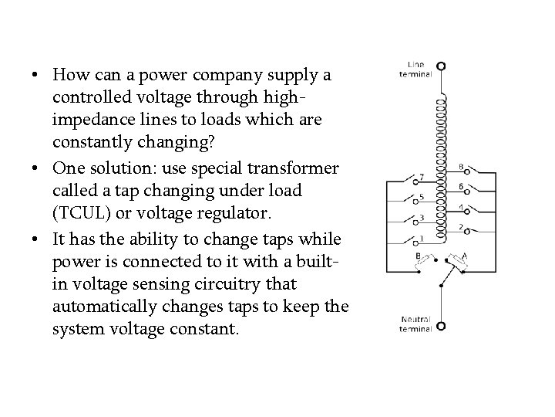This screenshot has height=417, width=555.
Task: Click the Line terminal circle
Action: (441, 66)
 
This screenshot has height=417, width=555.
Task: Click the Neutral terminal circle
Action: (441, 326)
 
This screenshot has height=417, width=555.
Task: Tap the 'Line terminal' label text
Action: (415, 69)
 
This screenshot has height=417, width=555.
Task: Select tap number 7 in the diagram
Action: (421, 176)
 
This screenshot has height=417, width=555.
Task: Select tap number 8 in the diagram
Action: (460, 167)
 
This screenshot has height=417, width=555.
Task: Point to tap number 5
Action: (421, 196)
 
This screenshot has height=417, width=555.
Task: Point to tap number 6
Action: (460, 187)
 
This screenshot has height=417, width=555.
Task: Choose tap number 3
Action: (421, 217)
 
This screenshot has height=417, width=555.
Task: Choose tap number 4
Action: (460, 207)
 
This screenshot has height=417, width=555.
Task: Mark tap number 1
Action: (421, 237)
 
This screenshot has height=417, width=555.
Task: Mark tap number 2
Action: (460, 227)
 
